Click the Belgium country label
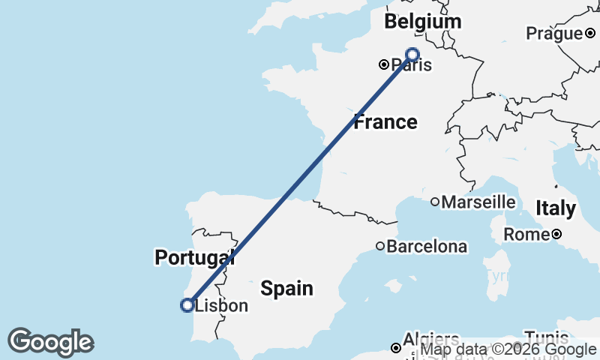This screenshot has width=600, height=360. click(x=422, y=22)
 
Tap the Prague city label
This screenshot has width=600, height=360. click(x=553, y=33)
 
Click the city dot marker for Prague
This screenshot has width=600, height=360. click(x=590, y=33)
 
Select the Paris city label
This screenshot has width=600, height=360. click(x=411, y=64)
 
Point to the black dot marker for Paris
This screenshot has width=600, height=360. click(x=383, y=64)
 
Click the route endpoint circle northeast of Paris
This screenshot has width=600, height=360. click(x=412, y=53)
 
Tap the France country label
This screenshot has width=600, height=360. click(x=385, y=121)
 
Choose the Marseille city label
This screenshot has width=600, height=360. click(x=478, y=202)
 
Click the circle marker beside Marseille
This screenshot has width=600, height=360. click(x=435, y=202)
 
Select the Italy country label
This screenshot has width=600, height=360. click(x=555, y=208)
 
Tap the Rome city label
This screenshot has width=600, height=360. click(x=526, y=235)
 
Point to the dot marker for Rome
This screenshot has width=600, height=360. click(x=556, y=235)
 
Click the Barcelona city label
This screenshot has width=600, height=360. click(x=427, y=246)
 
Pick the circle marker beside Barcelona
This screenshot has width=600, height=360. click(x=380, y=246)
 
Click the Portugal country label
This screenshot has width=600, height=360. click(x=194, y=257)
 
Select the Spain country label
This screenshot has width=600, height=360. click(x=286, y=287)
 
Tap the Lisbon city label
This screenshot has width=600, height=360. click(x=221, y=306)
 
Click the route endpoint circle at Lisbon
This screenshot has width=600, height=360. click(x=187, y=304)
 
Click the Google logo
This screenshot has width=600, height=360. click(x=50, y=342)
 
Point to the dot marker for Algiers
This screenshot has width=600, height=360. click(x=396, y=347)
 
